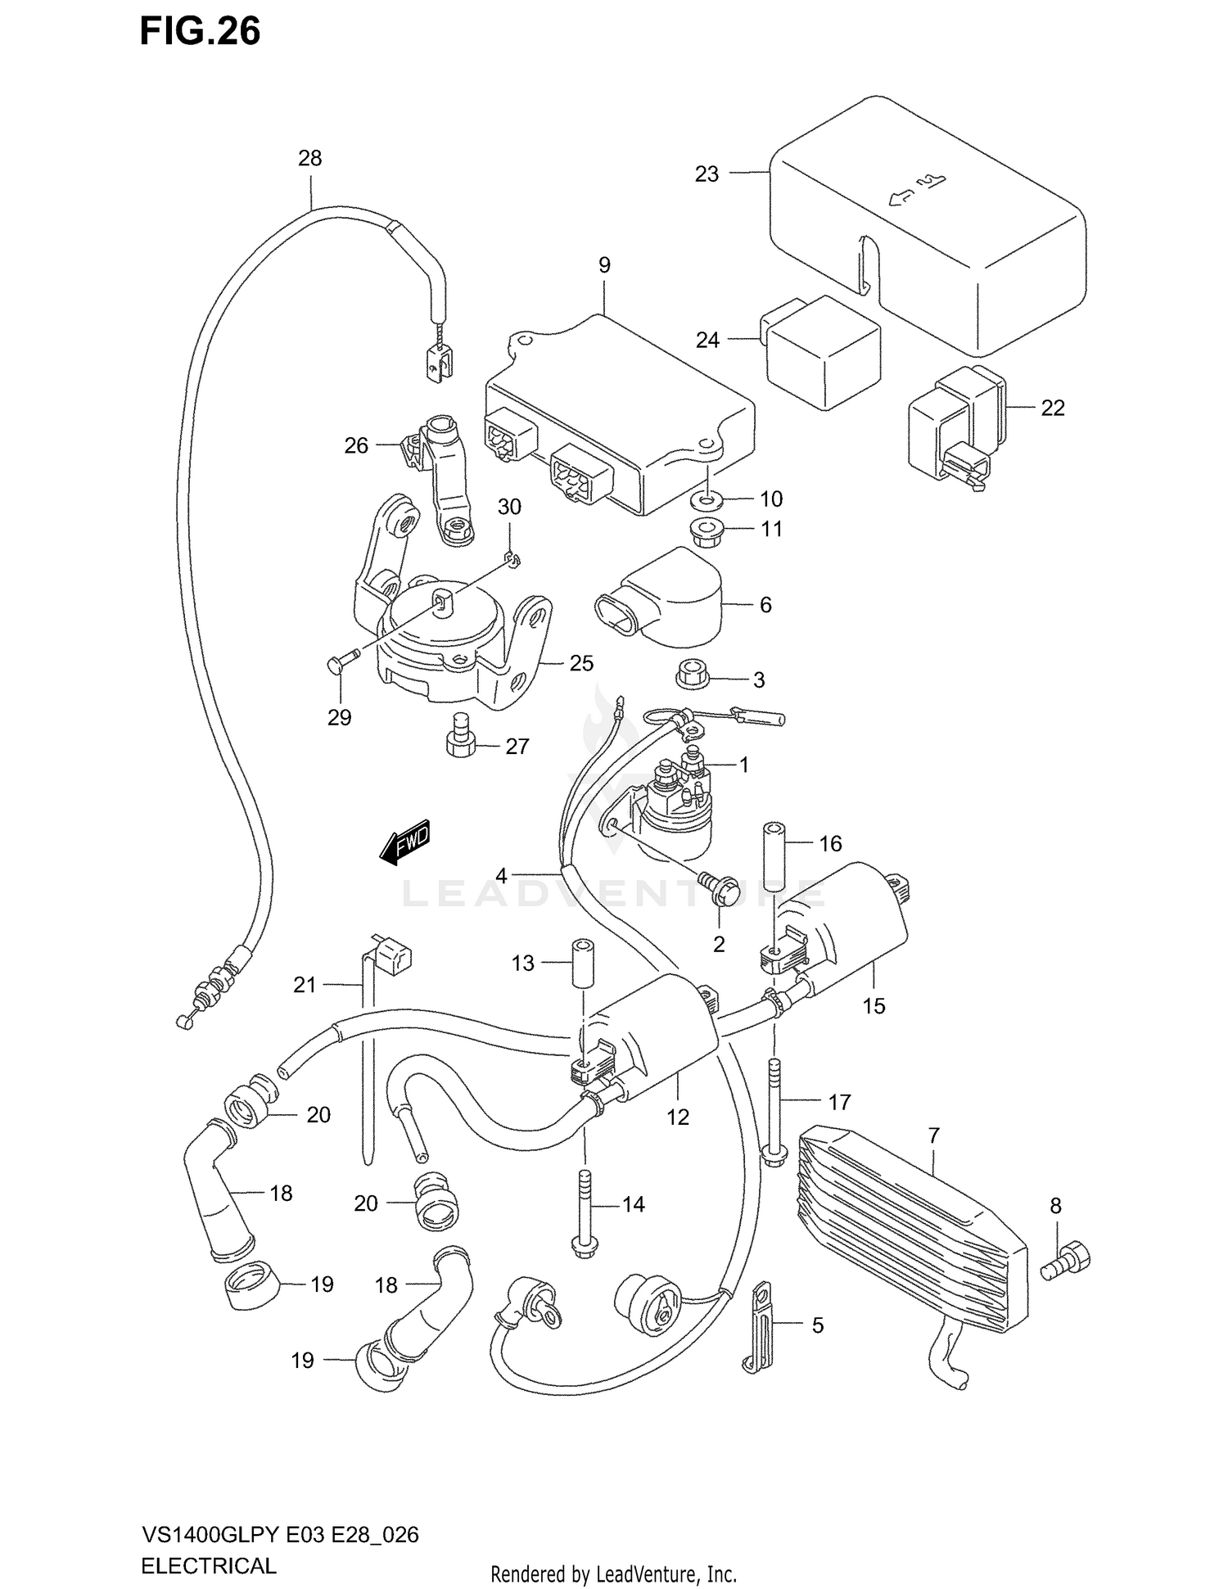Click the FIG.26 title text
coord(200,31)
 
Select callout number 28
coord(309,158)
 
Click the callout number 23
coord(707,174)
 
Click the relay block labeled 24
coord(821,354)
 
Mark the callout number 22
coord(1052,408)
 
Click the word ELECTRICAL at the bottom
coord(209,1565)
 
